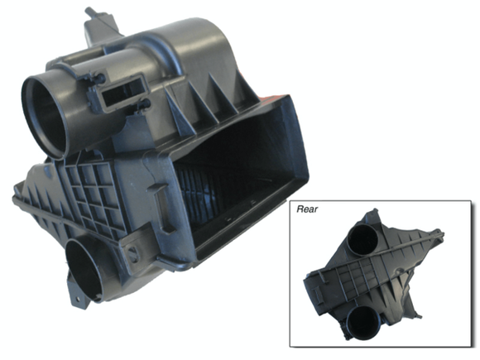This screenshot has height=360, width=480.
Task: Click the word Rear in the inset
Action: tap(307, 209)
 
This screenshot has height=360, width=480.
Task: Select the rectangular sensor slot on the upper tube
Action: tap(124, 91)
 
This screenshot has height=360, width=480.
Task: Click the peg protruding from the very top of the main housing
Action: tap(89, 12)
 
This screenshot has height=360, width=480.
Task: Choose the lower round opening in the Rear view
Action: tap(363, 322)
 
